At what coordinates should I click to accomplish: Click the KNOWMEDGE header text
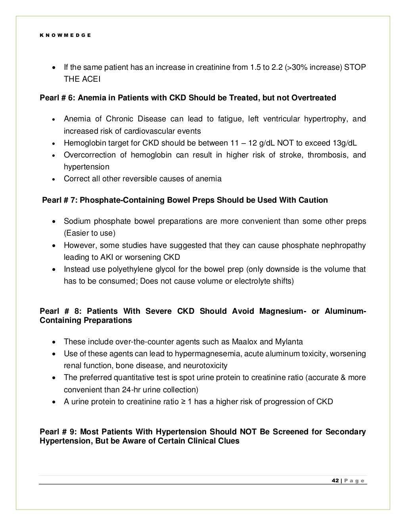[x=65, y=35]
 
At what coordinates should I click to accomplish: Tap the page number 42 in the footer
[x=335, y=481]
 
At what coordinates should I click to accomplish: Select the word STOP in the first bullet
[x=354, y=67]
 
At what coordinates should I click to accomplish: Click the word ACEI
[x=92, y=79]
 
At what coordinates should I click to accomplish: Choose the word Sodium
[x=77, y=221]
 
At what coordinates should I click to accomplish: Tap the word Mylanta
[x=289, y=342]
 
